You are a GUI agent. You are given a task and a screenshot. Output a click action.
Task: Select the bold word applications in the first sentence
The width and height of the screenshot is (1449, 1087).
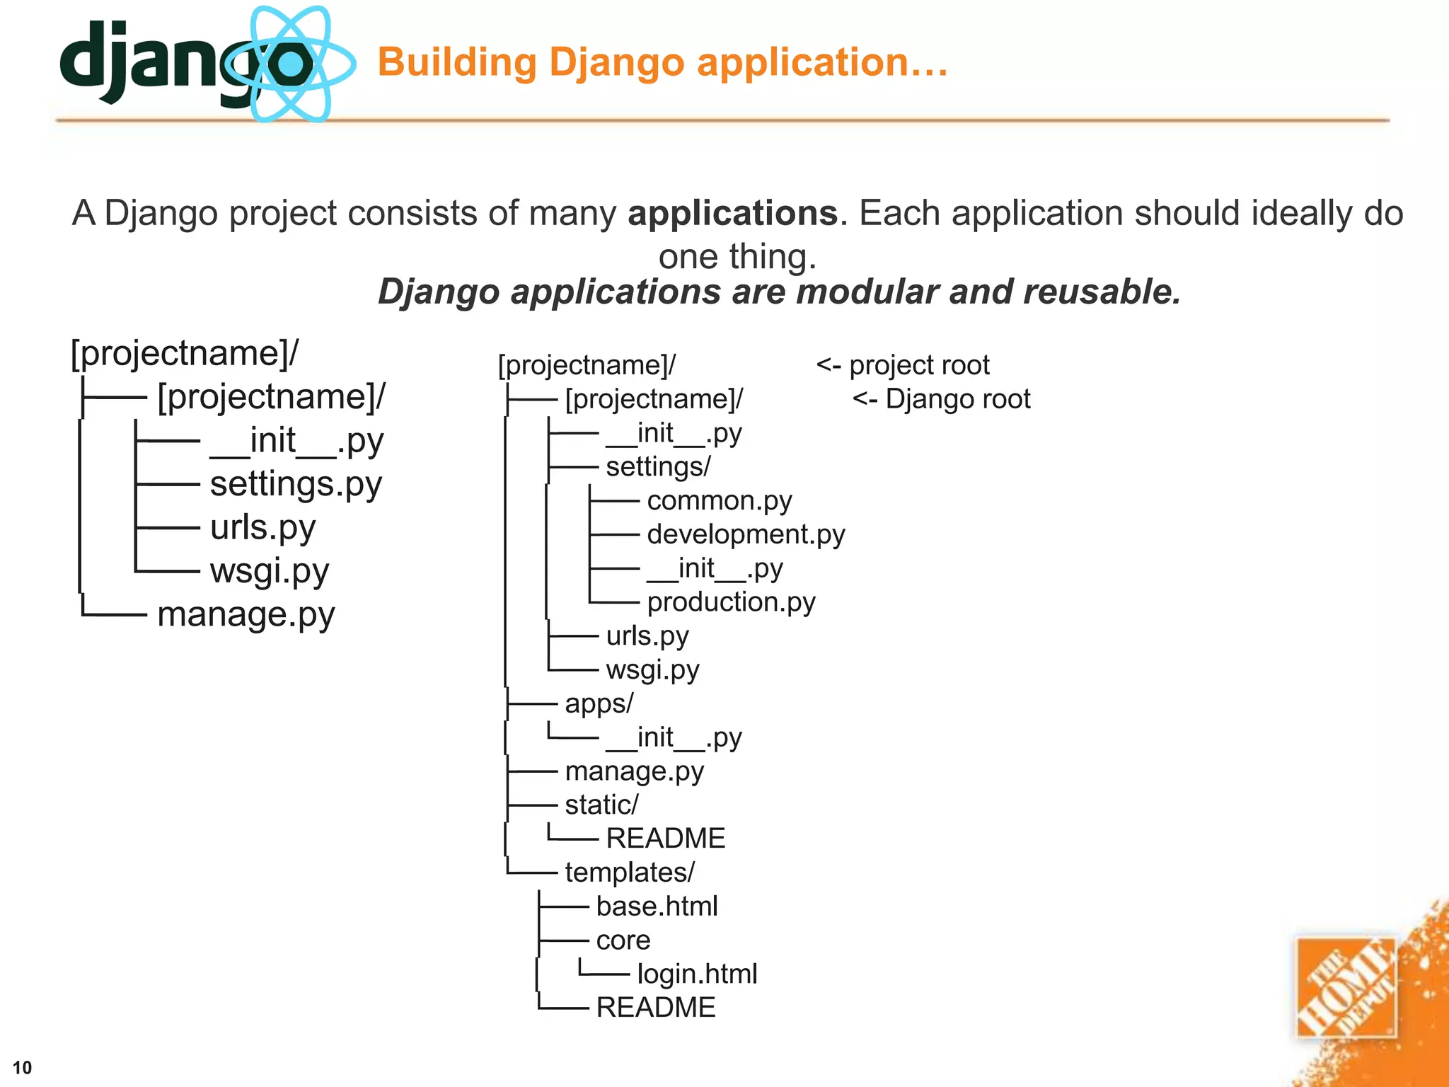[x=732, y=213]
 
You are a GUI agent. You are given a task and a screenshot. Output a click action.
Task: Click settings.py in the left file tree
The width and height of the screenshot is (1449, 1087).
[x=296, y=484]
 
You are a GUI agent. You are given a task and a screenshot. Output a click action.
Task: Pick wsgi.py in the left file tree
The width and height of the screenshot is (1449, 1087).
[x=270, y=571]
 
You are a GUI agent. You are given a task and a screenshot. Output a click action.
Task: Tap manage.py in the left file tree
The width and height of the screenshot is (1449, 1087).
[x=246, y=614]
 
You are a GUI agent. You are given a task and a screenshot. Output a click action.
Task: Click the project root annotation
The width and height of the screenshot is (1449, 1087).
[x=903, y=365]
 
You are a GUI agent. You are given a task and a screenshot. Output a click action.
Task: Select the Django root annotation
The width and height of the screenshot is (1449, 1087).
[x=942, y=399]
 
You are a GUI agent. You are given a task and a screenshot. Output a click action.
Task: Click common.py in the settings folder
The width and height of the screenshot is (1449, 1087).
[x=719, y=501]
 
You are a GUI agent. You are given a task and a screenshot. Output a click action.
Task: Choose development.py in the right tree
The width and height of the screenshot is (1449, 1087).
[x=746, y=534]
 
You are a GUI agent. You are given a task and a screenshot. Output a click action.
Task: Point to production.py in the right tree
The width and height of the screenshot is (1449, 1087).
[x=731, y=602]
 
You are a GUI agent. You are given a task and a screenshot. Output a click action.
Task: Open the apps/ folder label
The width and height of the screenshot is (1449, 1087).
[x=599, y=703]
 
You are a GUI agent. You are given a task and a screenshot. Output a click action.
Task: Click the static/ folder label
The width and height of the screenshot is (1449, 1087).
[x=601, y=805]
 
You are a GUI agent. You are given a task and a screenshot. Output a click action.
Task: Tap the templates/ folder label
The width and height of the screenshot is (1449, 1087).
[x=630, y=873]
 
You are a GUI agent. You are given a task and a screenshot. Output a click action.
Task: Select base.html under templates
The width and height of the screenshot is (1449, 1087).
[x=657, y=907]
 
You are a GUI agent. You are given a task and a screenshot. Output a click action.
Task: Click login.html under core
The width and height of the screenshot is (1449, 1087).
[x=697, y=974]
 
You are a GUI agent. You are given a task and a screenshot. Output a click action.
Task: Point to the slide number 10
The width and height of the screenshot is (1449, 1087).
[x=23, y=1067]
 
